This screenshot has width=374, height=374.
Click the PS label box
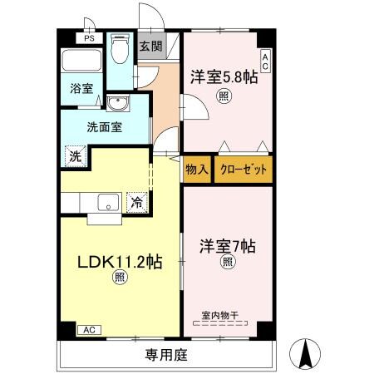[88, 38]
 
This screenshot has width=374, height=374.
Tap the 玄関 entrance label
[150, 47]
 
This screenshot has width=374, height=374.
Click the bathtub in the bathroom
[81, 62]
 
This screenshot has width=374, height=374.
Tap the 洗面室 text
[105, 127]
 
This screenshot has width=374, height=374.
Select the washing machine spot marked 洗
[75, 156]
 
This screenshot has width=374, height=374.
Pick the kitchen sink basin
[108, 201]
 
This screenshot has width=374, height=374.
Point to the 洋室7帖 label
[226, 247]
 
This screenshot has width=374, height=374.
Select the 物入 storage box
[197, 169]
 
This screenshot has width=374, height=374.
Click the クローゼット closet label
[244, 169]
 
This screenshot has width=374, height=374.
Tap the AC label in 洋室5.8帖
[265, 60]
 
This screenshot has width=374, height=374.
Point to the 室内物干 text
[221, 315]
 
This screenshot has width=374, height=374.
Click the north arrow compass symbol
[305, 355]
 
